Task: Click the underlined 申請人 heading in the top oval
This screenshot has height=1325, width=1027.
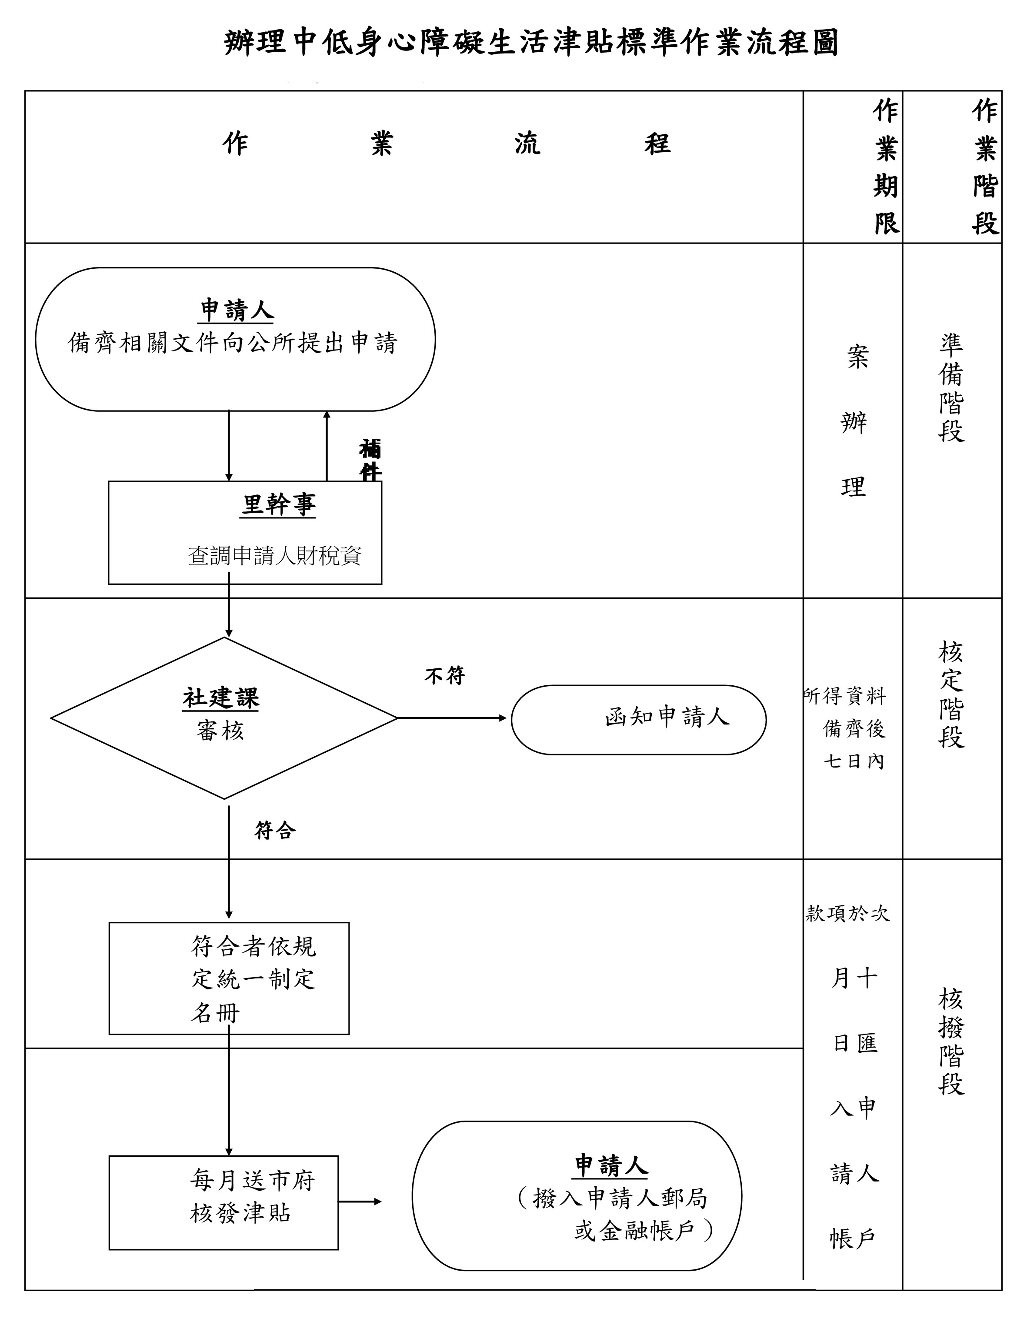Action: pos(237,310)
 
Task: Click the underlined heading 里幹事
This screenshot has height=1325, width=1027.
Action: pos(278,505)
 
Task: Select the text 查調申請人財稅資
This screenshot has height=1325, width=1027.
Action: pos(274,556)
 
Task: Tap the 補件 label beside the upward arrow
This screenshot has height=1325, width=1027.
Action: pos(370,459)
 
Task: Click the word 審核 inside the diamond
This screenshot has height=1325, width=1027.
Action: pos(220,730)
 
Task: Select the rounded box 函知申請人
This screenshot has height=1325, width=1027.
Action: pos(639,720)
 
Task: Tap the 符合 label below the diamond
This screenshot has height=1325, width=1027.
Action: pos(275,830)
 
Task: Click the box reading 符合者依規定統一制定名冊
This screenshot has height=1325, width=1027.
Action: pos(229,978)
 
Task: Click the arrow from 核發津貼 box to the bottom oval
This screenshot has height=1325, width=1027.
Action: pos(360,1201)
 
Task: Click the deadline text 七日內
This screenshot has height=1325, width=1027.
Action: pos(854,761)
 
